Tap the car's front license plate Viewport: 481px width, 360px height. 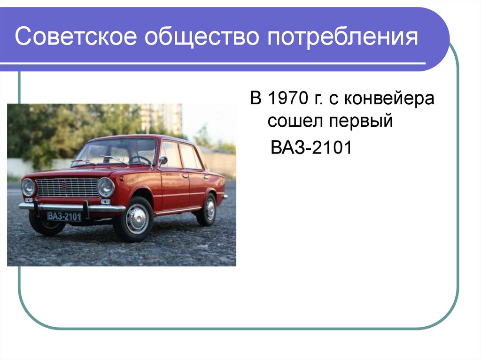point(64,216)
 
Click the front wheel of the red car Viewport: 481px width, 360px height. point(137,219)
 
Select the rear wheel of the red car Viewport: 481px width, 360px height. point(207,209)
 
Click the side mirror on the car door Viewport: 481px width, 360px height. point(163,161)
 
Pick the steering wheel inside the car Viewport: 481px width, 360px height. point(140,160)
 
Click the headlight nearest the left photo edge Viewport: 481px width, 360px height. point(28,187)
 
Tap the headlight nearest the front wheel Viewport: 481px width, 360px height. point(106,187)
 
